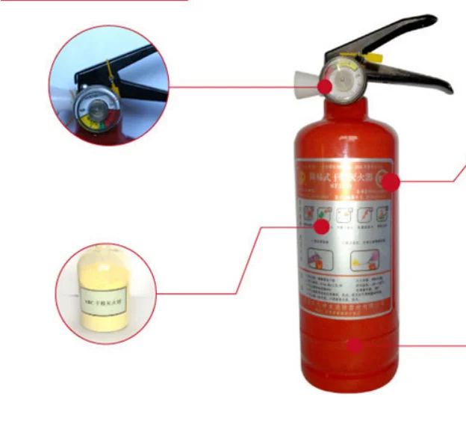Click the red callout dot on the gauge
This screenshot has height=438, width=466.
(325, 86)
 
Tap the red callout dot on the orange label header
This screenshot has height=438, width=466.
(391, 181)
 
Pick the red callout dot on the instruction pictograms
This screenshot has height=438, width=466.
(321, 225)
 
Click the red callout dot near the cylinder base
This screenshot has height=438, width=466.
(355, 345)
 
